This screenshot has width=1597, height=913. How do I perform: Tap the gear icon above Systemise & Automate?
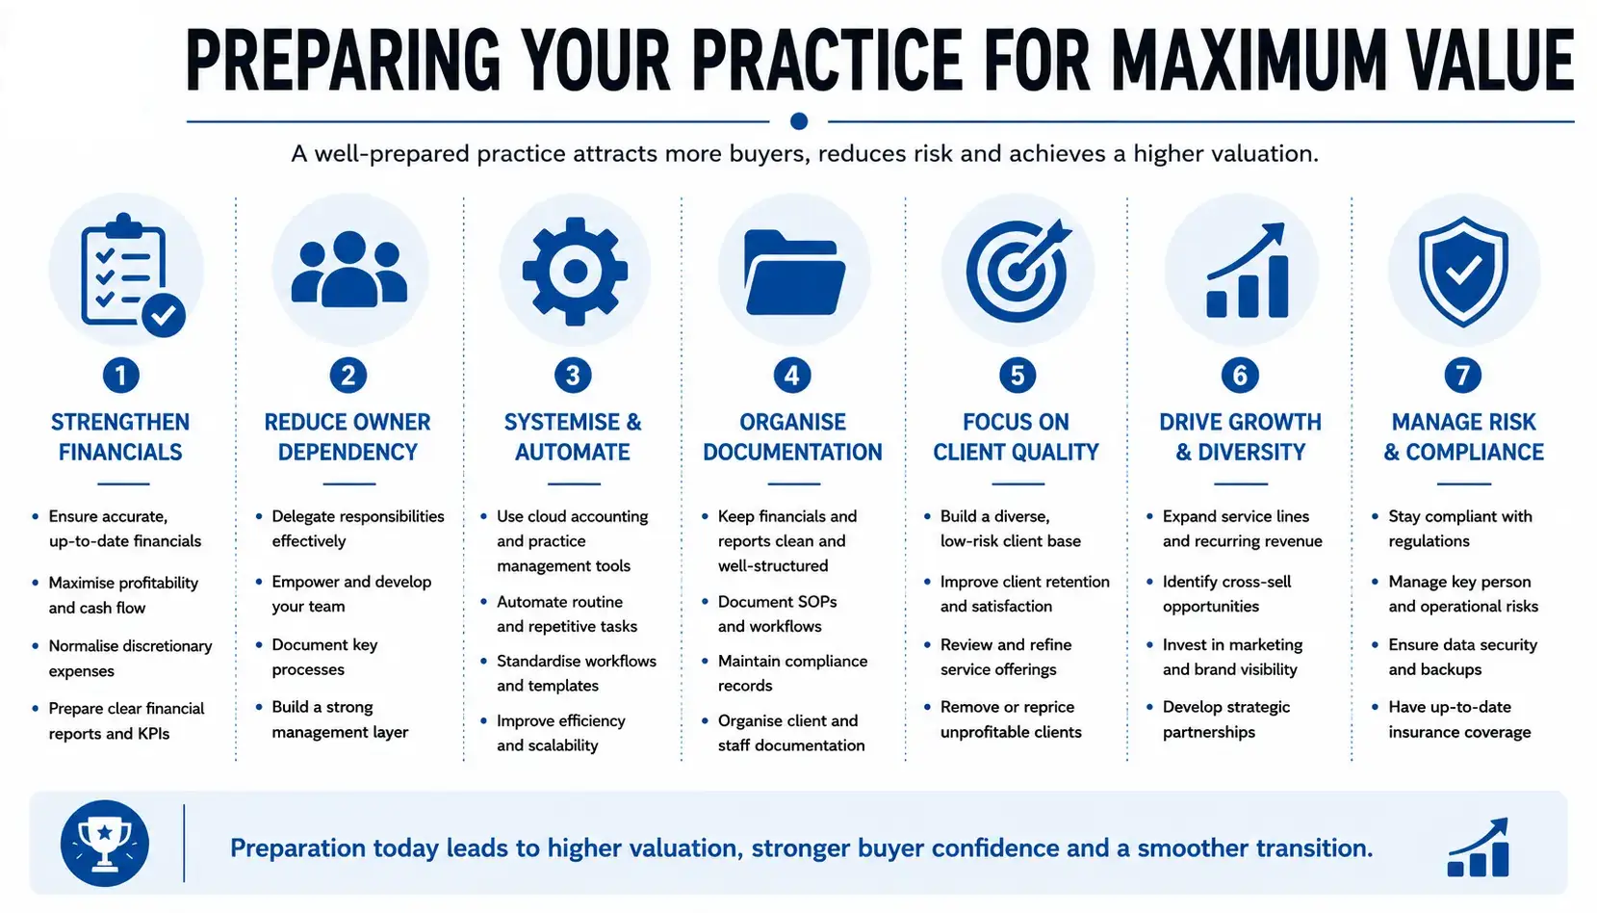tap(575, 271)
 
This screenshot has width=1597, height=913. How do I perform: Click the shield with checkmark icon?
tap(1464, 272)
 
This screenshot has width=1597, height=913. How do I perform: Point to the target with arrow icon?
tap(1018, 270)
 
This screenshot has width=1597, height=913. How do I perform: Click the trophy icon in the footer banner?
tap(105, 843)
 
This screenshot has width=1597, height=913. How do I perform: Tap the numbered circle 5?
tap(1017, 376)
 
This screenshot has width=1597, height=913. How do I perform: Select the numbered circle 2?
tap(348, 376)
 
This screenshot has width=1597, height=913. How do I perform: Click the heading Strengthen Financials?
tap(120, 436)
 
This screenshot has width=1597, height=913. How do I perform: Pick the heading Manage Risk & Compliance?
tap(1464, 436)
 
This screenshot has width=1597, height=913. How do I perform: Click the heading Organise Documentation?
tap(793, 436)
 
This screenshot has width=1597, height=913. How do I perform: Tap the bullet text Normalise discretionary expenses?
tap(130, 659)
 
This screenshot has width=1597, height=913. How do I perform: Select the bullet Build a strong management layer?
tap(340, 719)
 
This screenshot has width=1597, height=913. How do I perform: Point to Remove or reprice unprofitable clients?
tap(1010, 719)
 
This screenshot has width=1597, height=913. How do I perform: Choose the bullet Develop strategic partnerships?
tap(1226, 719)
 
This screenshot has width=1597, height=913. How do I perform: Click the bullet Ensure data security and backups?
tap(1462, 657)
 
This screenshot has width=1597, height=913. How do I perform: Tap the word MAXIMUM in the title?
tap(1249, 60)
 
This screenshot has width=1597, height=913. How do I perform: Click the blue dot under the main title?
tap(799, 121)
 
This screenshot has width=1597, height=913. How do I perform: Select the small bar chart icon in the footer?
tap(1478, 848)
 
